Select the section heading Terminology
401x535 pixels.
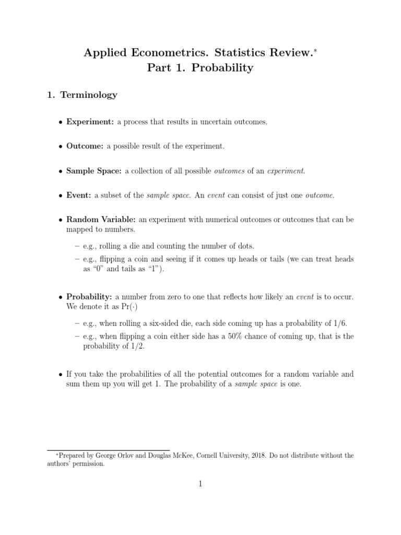89,95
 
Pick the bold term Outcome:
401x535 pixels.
86,146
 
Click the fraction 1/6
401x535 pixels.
339,324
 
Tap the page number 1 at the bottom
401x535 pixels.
200,484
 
